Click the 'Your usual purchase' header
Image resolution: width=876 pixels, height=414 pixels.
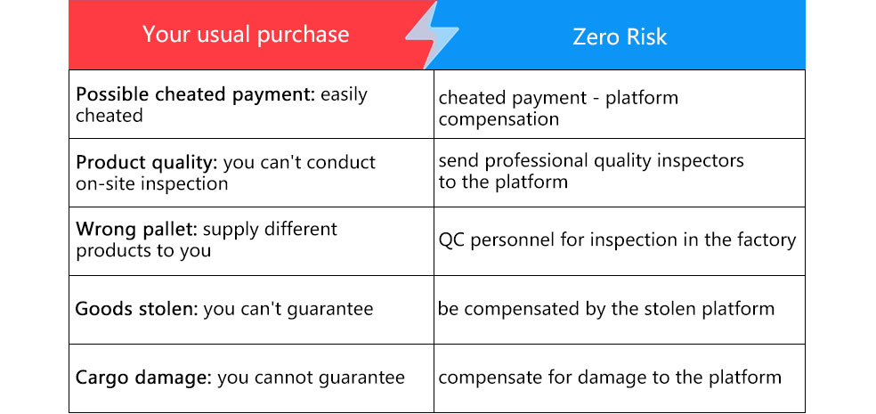pos(246,35)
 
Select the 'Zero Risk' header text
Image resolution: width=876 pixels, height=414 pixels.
pos(620,37)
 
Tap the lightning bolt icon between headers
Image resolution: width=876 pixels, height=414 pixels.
pos(432,35)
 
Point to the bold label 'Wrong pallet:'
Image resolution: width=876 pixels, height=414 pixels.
pos(136,229)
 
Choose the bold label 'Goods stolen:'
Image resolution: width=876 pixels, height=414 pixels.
pos(137,309)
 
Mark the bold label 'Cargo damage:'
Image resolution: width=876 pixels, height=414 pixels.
pos(143,377)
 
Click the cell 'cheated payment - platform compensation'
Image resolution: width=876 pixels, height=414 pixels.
pos(558,108)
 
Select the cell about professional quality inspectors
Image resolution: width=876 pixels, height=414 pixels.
pos(591,171)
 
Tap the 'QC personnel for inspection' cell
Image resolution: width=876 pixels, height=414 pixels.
pos(617,240)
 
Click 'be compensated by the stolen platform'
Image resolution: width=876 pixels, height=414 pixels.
pos(606,309)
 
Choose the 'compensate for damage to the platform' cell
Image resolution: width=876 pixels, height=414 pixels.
pos(610,377)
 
